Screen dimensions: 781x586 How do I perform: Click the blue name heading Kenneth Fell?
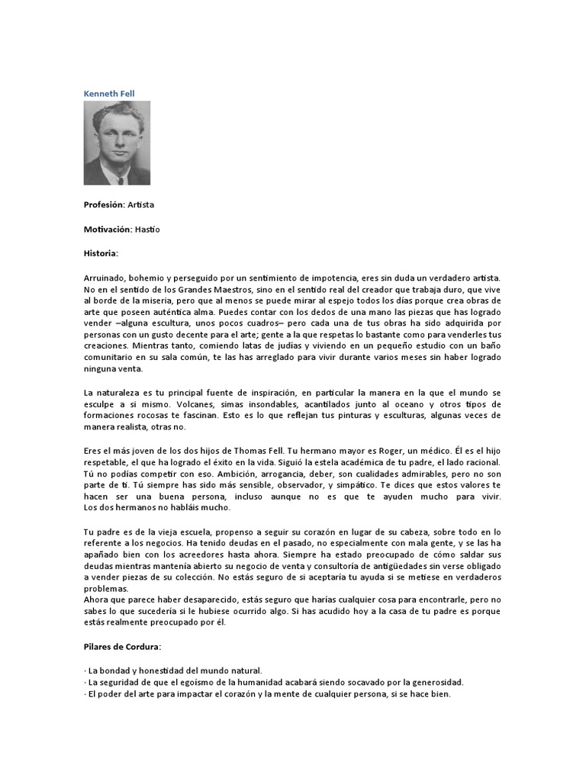point(109,94)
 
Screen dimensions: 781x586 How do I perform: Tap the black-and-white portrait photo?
point(117,143)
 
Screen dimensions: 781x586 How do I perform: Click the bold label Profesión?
point(104,205)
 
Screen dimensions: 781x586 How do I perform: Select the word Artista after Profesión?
point(140,205)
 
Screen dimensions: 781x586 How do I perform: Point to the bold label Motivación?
point(108,229)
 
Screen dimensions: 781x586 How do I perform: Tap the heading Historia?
point(101,252)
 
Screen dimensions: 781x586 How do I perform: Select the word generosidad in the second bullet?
point(433,682)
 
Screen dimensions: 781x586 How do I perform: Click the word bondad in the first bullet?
point(111,670)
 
